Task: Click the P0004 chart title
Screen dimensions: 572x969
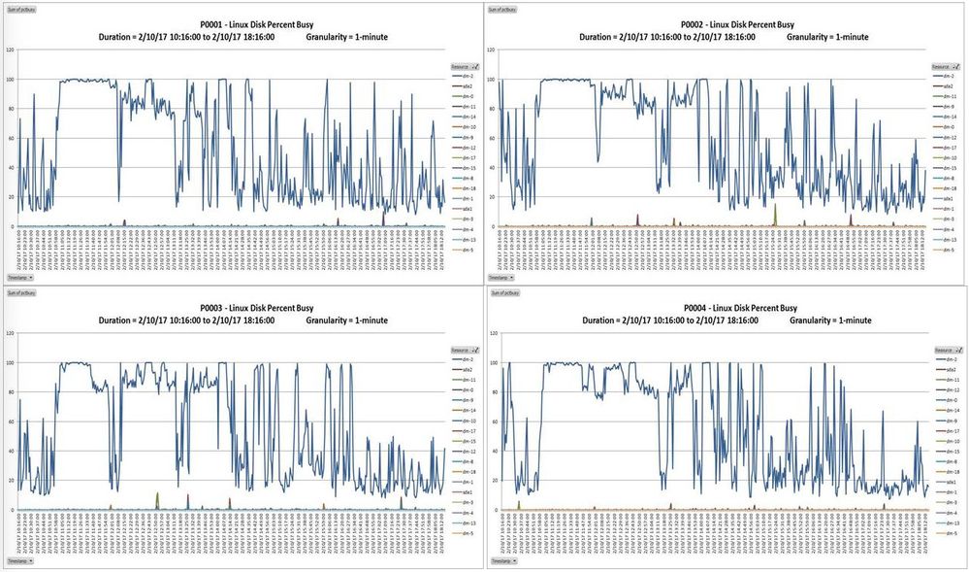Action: [x=724, y=308]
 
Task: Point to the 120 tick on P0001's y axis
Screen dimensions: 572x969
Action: [x=10, y=50]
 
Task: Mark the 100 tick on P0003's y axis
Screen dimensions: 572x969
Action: [x=10, y=362]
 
